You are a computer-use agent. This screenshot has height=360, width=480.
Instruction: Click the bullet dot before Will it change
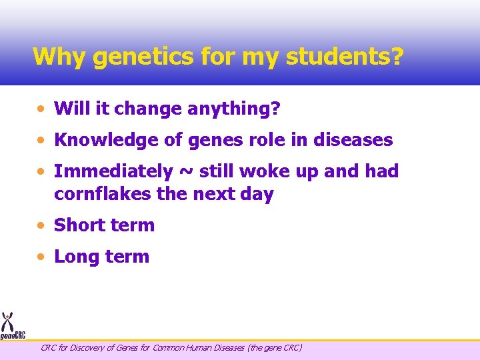(x=42, y=109)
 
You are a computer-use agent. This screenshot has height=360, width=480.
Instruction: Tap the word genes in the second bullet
(x=213, y=140)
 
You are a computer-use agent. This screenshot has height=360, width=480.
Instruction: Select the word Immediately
(x=113, y=171)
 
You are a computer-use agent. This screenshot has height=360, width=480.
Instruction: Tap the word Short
(x=81, y=225)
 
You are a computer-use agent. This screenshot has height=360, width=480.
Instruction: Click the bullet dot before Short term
(x=42, y=225)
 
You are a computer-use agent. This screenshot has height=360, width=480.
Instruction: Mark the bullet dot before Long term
(x=42, y=257)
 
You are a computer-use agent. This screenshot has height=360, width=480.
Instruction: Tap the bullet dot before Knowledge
(x=42, y=140)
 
